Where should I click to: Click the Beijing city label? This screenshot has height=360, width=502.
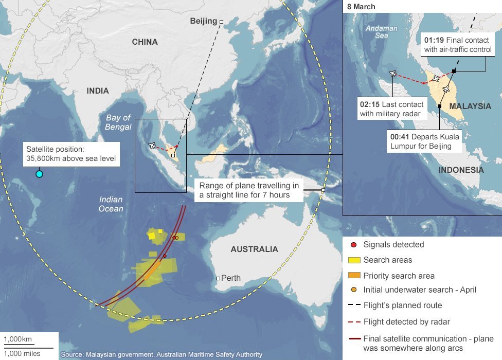click(x=203, y=21)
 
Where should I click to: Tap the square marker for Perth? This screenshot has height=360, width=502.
click(x=219, y=278)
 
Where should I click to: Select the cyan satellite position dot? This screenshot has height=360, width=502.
click(x=39, y=174)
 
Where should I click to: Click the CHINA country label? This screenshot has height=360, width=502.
click(x=145, y=42)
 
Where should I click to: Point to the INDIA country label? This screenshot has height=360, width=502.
click(x=98, y=91)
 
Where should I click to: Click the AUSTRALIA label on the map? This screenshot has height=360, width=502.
click(x=254, y=249)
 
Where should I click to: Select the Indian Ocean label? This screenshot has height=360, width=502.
click(x=111, y=204)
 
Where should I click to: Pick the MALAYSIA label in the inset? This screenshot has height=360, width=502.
click(x=470, y=106)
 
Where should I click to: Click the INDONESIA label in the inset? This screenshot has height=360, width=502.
click(x=461, y=170)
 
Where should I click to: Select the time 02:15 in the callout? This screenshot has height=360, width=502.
click(x=369, y=104)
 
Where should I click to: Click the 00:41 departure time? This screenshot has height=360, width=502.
click(x=400, y=137)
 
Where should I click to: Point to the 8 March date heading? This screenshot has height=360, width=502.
click(x=361, y=7)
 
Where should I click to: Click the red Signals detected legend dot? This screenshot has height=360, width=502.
click(x=353, y=245)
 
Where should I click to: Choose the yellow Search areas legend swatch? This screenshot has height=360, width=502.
click(x=353, y=260)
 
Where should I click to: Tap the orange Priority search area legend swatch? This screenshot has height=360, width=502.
click(x=353, y=276)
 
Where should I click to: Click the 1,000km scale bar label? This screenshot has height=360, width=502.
click(x=18, y=339)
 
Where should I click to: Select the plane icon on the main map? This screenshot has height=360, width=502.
click(x=152, y=146)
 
